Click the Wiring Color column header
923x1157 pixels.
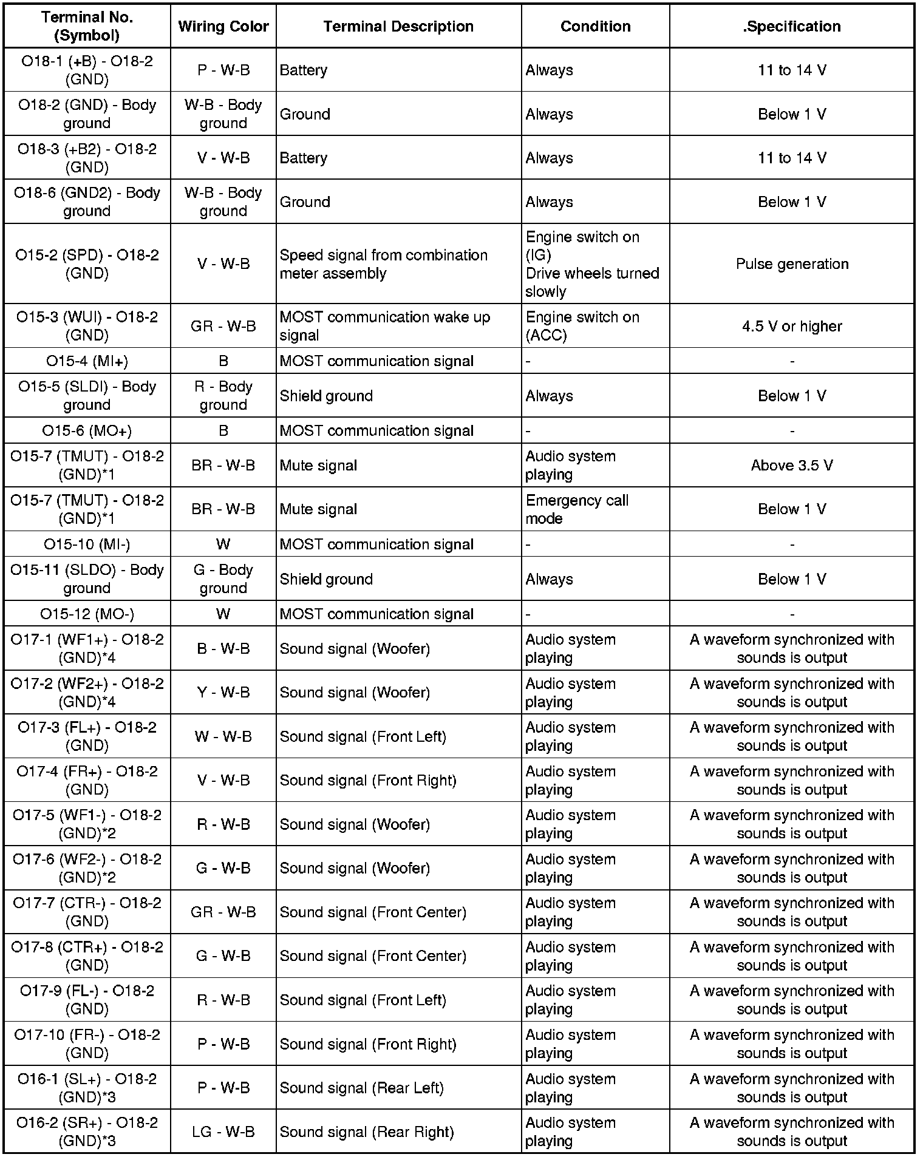(223, 26)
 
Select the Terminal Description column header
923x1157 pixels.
(398, 26)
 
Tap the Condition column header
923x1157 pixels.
(595, 26)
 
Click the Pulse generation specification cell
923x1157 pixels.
(792, 264)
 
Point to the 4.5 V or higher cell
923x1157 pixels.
(792, 326)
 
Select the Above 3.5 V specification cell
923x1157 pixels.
(792, 466)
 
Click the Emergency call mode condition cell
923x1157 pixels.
(577, 509)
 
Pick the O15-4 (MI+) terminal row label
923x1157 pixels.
(87, 361)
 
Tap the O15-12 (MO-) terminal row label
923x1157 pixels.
(87, 614)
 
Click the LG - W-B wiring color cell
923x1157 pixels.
(223, 1132)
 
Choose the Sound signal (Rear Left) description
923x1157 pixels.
(361, 1088)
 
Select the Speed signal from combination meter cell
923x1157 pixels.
(383, 264)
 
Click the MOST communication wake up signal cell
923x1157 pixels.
(384, 326)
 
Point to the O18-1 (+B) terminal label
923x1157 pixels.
(87, 70)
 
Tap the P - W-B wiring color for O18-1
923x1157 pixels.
(223, 70)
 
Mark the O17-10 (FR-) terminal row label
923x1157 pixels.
(87, 1043)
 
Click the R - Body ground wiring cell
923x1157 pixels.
(223, 396)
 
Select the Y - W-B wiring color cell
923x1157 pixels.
(223, 693)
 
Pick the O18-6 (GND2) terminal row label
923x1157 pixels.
(87, 202)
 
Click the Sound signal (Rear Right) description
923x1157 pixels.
(367, 1132)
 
